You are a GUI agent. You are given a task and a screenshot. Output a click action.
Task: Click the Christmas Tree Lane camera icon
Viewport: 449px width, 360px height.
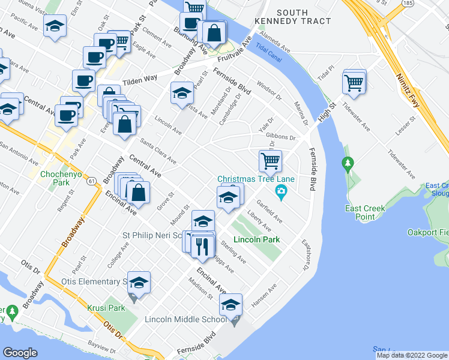280,192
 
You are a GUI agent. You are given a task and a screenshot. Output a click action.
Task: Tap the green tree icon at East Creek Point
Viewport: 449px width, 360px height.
347,163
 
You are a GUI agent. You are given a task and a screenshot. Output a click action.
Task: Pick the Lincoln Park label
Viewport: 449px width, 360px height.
256,239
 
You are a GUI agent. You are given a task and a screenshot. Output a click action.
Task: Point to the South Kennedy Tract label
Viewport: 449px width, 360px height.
293,17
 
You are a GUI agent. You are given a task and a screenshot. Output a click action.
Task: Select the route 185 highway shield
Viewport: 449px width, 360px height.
408,4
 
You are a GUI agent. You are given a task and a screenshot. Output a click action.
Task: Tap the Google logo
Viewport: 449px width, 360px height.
20,353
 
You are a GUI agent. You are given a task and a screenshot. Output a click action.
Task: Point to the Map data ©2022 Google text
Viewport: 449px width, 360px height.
411,355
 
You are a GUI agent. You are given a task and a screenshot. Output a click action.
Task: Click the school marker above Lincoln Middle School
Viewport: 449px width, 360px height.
230,305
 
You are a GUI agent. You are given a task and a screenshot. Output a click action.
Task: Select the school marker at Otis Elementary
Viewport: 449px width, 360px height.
139,283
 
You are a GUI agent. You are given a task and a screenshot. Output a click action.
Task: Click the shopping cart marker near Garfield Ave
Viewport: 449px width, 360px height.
271,161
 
